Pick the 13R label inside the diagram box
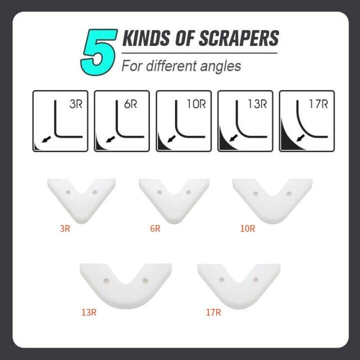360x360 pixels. pyautogui.click(x=257, y=104)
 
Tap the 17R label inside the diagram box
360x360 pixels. pyautogui.click(x=318, y=104)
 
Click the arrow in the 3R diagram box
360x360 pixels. pyautogui.click(x=46, y=141)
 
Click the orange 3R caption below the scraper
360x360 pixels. pyautogui.click(x=65, y=229)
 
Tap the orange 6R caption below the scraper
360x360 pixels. pyautogui.click(x=155, y=229)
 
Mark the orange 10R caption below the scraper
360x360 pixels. pyautogui.click(x=247, y=229)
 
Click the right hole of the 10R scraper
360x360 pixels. pyautogui.click(x=288, y=193)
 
